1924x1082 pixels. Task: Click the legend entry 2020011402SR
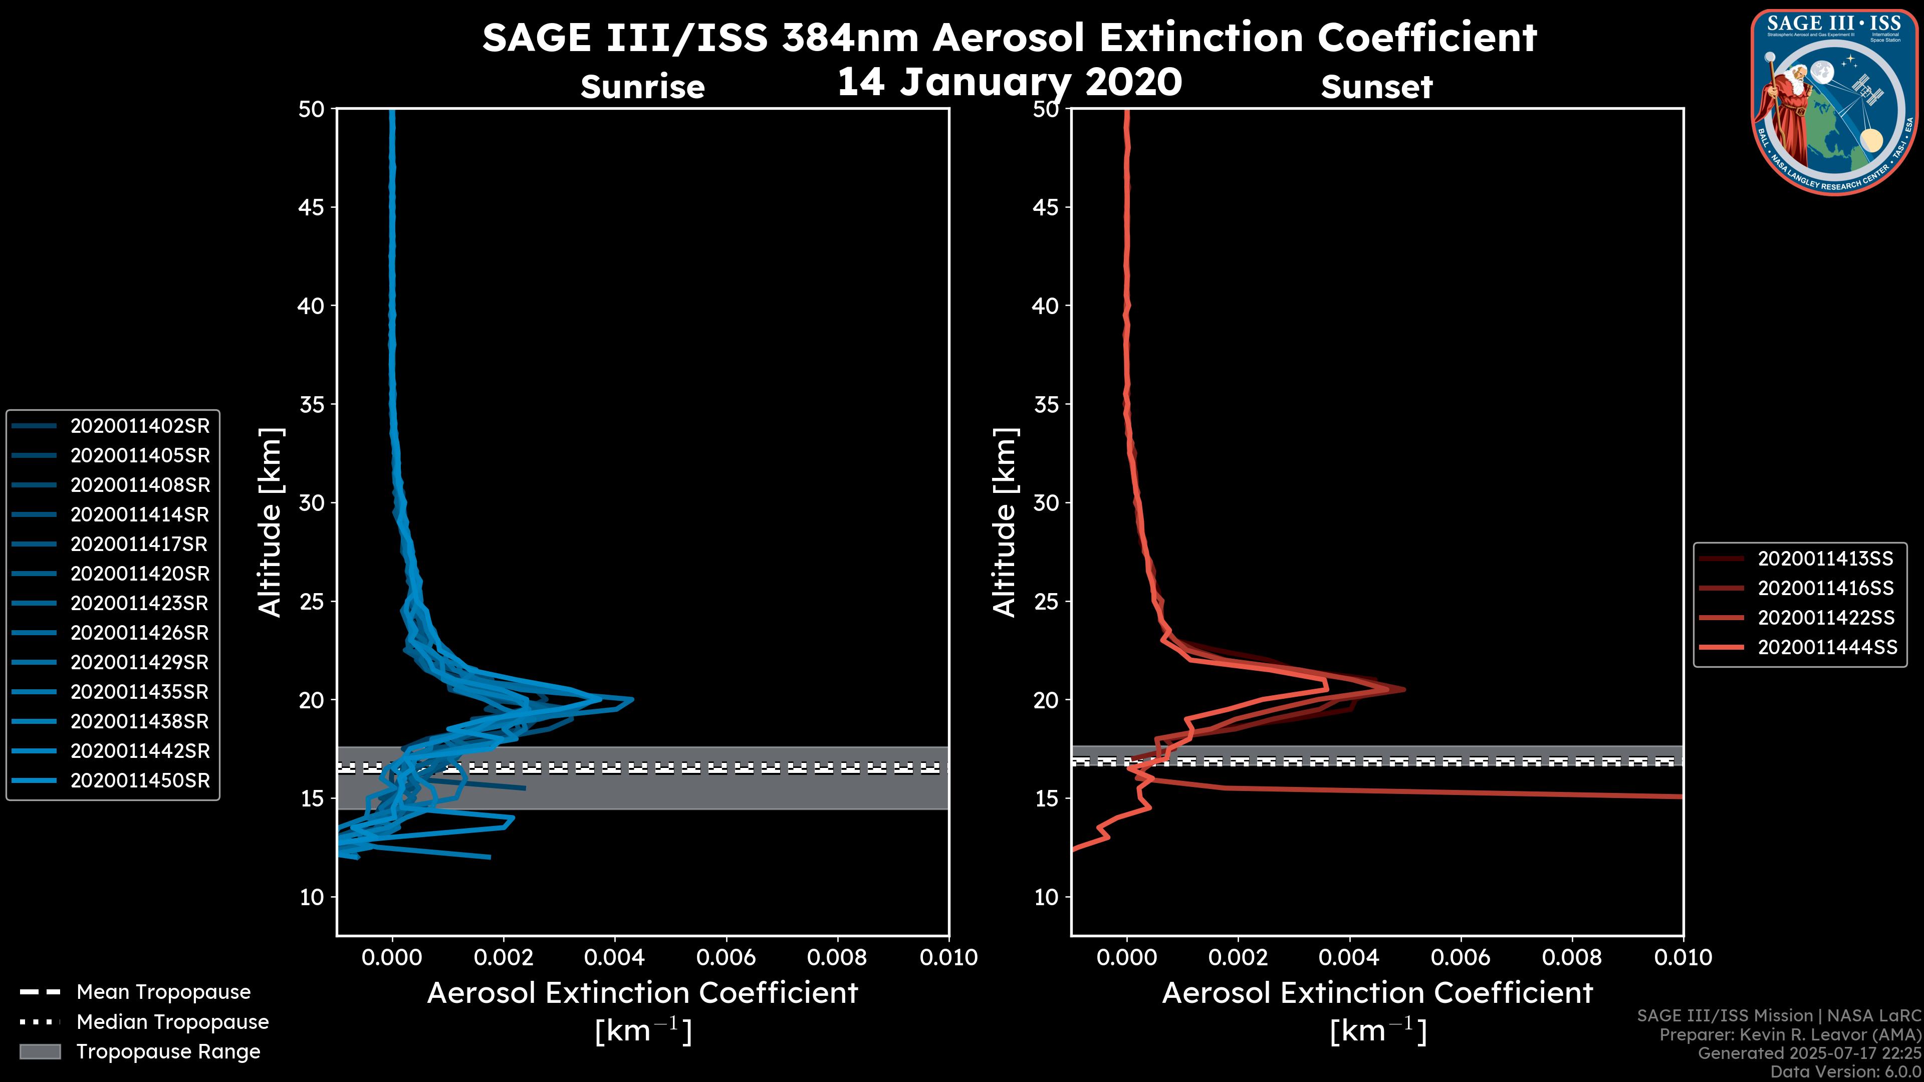[x=140, y=426]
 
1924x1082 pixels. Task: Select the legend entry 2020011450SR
[x=140, y=781]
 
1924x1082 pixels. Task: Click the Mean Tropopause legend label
[x=163, y=992]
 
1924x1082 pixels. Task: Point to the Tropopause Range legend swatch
[x=40, y=1052]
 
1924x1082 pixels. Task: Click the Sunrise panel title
[x=642, y=87]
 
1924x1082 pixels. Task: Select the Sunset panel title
[x=1376, y=87]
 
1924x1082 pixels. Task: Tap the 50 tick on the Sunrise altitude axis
[x=312, y=110]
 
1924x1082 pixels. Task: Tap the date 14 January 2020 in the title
[x=1009, y=82]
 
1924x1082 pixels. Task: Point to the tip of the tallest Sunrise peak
[x=633, y=700]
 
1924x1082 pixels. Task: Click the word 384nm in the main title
[x=850, y=38]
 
